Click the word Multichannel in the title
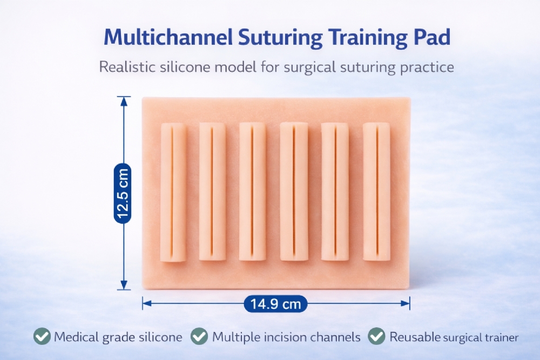pos(168,37)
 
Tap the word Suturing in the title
pos(280,38)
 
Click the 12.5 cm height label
pos(123,193)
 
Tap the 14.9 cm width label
pos(275,304)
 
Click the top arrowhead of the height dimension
pos(124,101)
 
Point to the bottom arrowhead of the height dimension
pos(124,285)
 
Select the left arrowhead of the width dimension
pos(147,303)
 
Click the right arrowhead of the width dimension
pos(406,303)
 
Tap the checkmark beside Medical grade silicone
pos(42,336)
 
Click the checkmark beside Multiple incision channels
pos(199,336)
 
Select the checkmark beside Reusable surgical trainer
pos(376,336)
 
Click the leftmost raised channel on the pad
pos(173,192)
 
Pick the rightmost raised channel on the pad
pos(376,192)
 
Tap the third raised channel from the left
pos(252,192)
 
